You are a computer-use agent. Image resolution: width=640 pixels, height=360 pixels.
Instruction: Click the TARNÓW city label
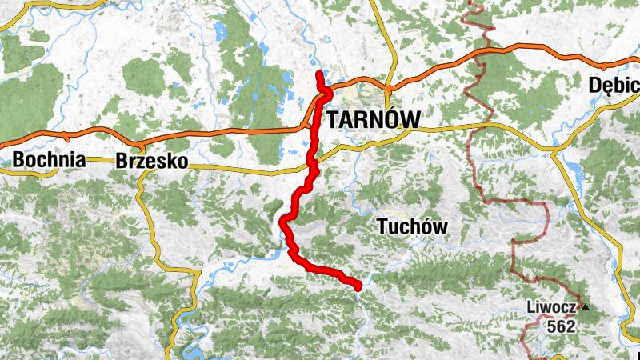tap(373, 118)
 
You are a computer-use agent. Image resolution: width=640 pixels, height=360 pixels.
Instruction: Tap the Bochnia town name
tap(49, 159)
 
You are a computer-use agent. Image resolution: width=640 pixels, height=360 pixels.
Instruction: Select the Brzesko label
tap(151, 161)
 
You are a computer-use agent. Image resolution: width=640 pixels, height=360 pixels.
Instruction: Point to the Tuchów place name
tap(411, 227)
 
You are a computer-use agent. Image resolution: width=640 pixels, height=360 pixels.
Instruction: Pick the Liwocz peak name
tap(551, 306)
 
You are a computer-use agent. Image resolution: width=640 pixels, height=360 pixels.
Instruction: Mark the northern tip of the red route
tap(319, 74)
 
